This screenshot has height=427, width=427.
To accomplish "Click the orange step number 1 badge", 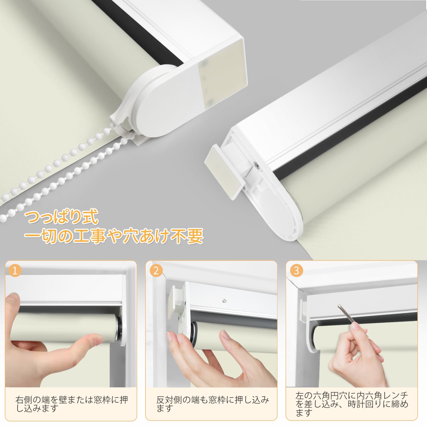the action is pos(15,271).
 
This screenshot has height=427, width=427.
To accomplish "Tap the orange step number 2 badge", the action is pos(156,271).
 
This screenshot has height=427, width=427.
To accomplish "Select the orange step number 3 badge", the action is pos(296,271).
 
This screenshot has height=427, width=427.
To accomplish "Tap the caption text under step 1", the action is pos(72,404).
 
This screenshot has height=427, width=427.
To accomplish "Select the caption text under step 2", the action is pos(213,404).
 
